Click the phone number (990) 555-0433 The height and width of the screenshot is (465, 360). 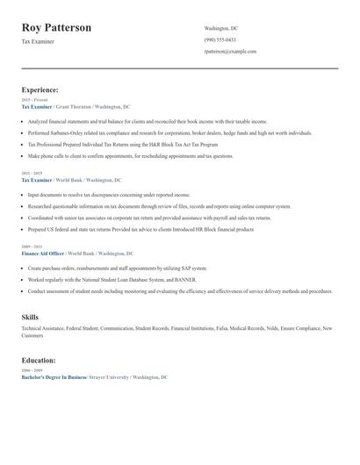(x=220, y=40)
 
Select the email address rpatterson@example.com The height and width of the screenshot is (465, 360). (x=230, y=52)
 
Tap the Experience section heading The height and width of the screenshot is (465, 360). (x=40, y=89)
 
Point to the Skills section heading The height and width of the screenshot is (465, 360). (x=30, y=317)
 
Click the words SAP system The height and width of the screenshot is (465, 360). (x=193, y=268)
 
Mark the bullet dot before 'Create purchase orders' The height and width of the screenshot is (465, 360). (x=24, y=268)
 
